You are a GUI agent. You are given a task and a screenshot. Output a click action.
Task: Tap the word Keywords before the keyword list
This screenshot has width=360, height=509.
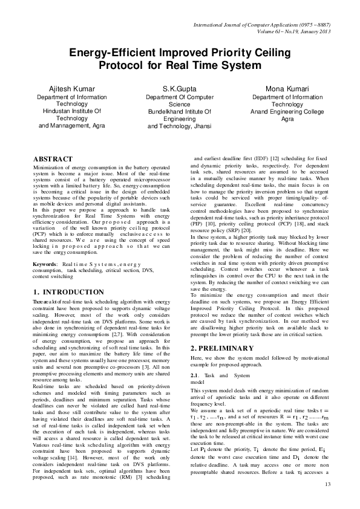(x=45, y=264)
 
